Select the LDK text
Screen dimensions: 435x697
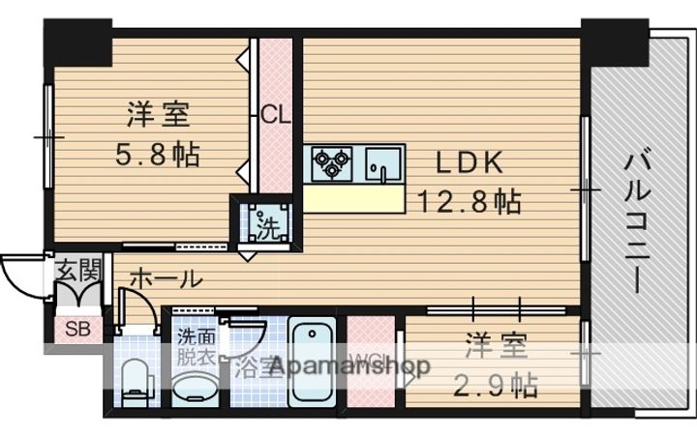point(469,161)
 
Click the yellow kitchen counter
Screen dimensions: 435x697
point(354,198)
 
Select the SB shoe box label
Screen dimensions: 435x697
point(76,329)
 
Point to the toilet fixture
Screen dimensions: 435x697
point(134,379)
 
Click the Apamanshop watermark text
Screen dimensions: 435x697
point(348,367)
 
